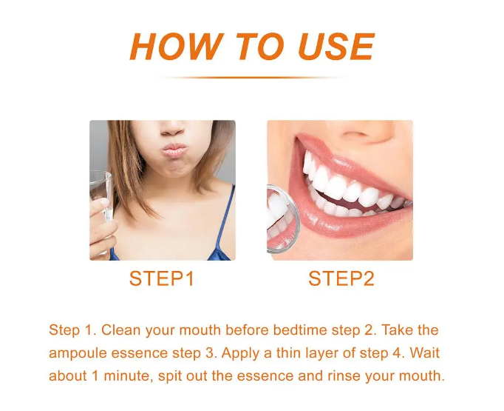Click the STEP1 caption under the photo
(162, 278)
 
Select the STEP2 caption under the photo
(341, 278)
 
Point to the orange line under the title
(251, 77)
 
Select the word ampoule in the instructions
(75, 353)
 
